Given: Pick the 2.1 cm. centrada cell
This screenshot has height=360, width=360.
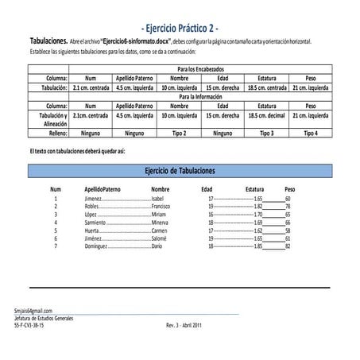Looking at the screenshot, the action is [x=90, y=87].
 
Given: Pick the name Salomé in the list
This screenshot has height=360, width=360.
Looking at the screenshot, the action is [x=159, y=238].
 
